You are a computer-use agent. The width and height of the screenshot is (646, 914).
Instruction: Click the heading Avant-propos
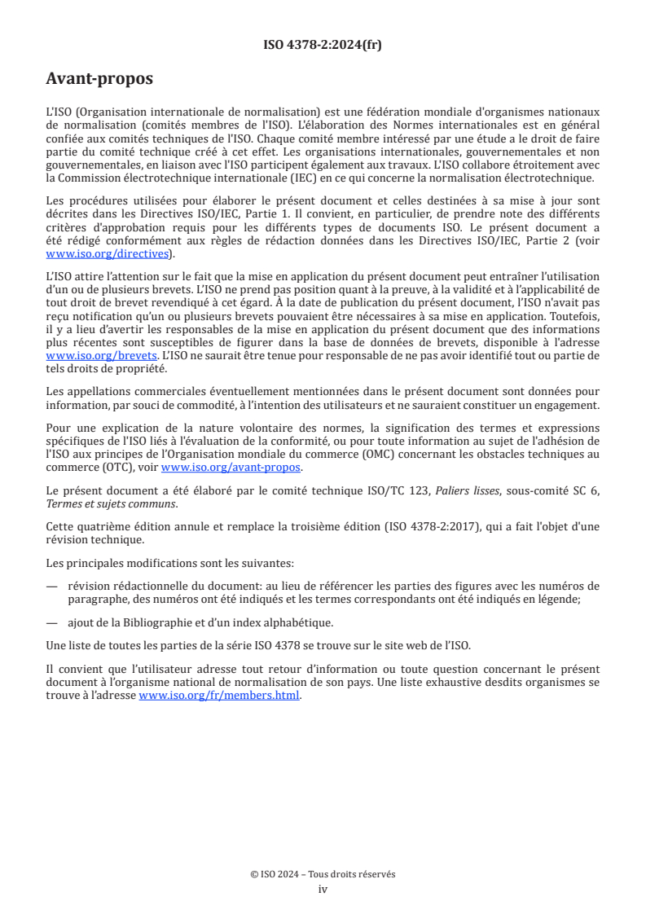tap(99, 79)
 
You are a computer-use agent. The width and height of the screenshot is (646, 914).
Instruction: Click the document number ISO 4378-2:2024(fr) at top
tap(323, 45)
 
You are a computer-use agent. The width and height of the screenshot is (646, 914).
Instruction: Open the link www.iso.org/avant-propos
tap(231, 467)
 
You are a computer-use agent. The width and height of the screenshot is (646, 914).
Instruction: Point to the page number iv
tap(323, 889)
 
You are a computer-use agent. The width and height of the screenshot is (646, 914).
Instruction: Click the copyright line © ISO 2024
tap(323, 874)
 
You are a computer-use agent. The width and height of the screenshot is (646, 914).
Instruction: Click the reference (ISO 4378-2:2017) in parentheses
tap(427, 526)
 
